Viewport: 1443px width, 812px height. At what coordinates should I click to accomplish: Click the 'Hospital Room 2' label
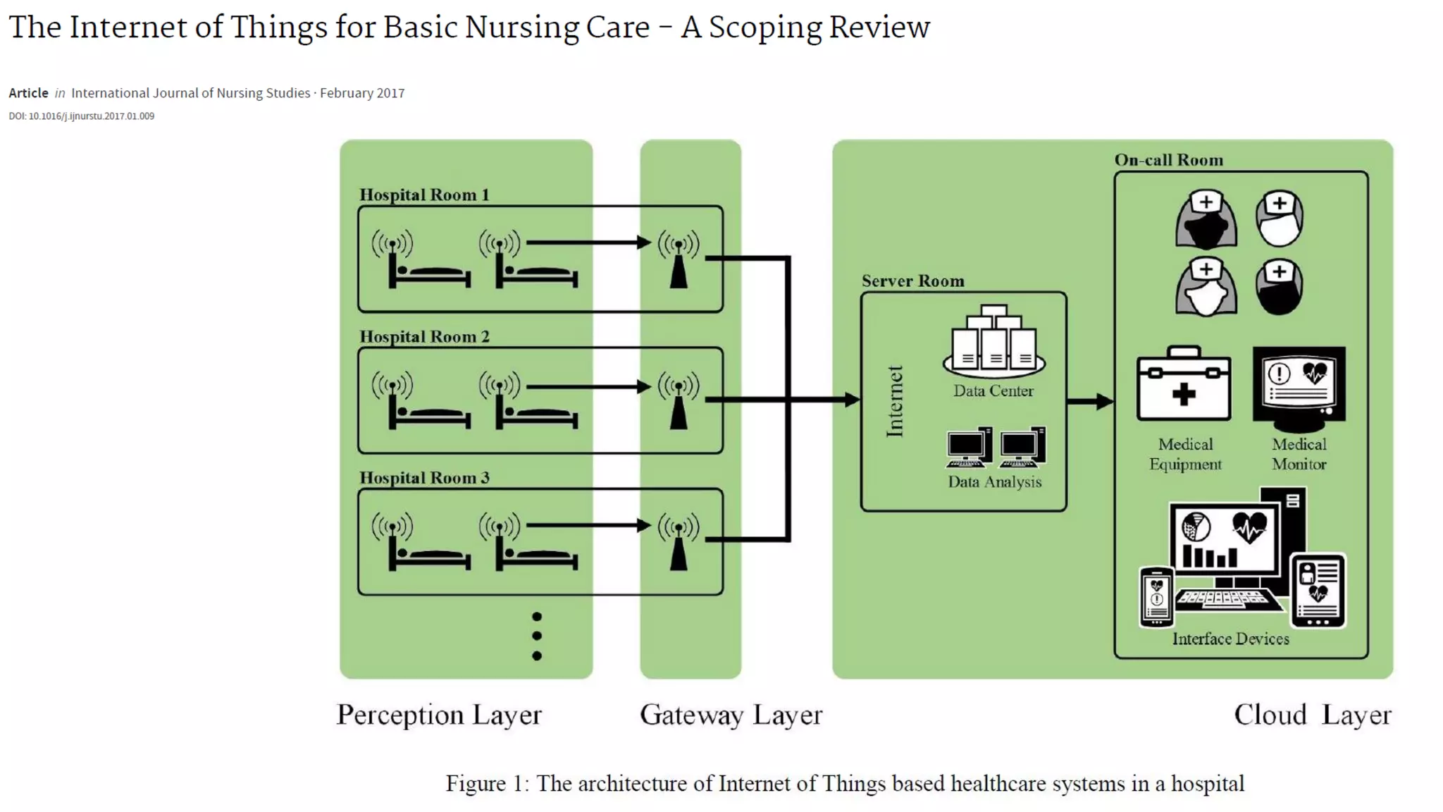coord(424,337)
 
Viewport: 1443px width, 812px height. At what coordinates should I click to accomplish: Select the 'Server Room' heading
coord(912,281)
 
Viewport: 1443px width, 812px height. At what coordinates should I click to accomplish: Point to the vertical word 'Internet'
coord(895,402)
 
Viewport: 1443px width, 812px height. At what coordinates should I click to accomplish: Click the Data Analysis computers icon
coord(996,448)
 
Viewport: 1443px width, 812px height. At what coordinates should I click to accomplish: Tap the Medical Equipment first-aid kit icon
coord(1184,385)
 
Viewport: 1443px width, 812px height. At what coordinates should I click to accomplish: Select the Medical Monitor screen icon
coord(1299,388)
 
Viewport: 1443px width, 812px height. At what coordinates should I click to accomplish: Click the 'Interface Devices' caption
coord(1230,639)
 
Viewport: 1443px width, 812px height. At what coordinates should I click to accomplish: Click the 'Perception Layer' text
coord(439,715)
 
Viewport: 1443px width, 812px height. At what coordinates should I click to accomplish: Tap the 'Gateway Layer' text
coord(731,715)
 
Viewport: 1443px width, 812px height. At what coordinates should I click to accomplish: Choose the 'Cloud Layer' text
coord(1312,715)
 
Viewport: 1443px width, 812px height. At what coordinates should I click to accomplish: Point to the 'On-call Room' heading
coord(1168,160)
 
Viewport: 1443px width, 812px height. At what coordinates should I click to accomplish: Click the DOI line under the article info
coord(82,116)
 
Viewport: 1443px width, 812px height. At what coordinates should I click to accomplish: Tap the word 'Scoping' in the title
coord(764,28)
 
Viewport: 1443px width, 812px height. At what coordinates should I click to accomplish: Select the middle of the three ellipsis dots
coord(537,636)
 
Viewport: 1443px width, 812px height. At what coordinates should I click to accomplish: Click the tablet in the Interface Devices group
coord(1318,591)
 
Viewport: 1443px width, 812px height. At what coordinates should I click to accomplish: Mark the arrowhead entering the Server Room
coord(852,400)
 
